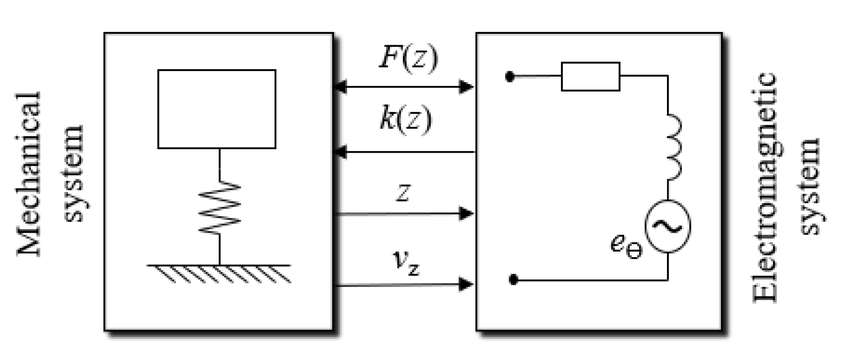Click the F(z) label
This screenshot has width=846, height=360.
(409, 59)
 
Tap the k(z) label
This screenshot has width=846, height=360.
(406, 119)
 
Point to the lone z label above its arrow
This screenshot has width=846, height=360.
(403, 193)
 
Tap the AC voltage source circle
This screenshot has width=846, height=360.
(667, 227)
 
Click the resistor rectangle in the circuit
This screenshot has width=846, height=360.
(590, 77)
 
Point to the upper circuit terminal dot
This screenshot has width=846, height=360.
(509, 77)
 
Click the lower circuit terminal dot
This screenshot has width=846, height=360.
(514, 280)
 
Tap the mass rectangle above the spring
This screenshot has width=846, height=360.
(217, 109)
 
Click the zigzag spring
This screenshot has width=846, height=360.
(219, 206)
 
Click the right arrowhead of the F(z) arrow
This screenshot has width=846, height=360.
(466, 87)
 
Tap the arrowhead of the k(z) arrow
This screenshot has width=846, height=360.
(340, 152)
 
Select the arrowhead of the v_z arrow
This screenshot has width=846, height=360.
(466, 284)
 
